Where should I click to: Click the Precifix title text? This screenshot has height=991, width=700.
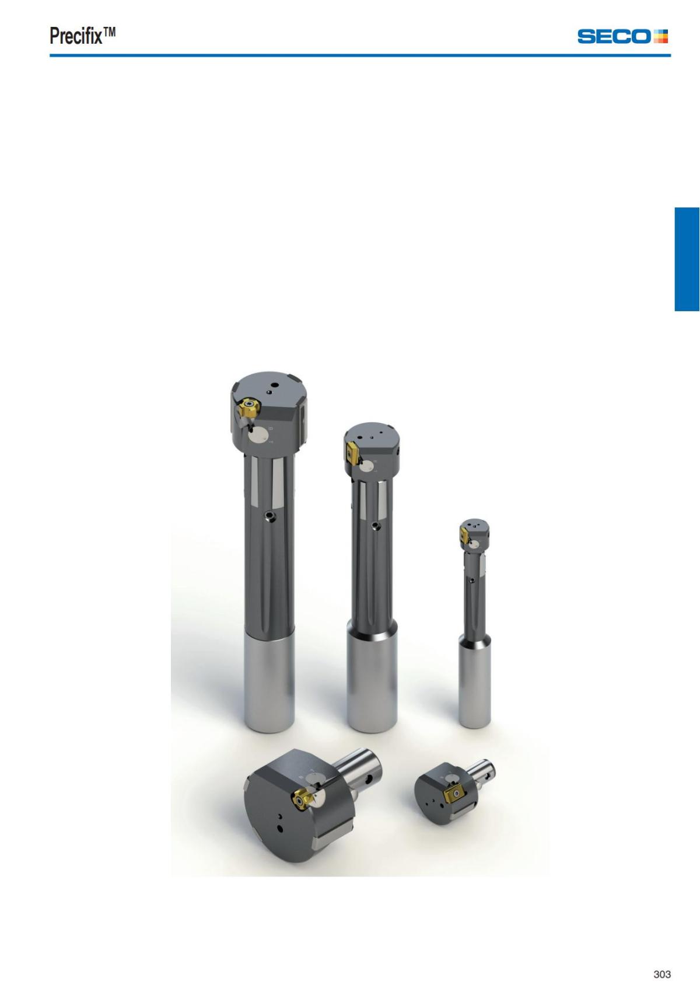click(x=82, y=36)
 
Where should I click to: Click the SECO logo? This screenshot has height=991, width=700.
click(x=622, y=36)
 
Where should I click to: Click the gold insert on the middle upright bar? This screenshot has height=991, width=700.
click(x=353, y=454)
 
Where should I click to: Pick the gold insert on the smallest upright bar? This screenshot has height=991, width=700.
click(x=464, y=536)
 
